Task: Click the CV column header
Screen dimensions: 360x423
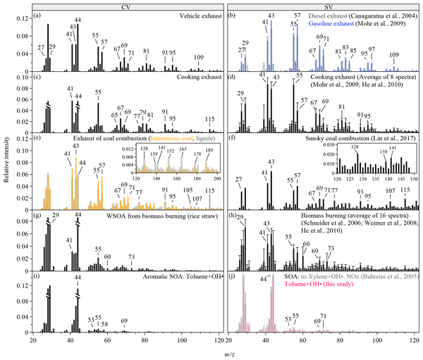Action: (x=123, y=6)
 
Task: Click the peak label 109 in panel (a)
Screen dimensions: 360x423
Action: (x=200, y=57)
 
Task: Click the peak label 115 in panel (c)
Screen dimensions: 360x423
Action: (x=210, y=119)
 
